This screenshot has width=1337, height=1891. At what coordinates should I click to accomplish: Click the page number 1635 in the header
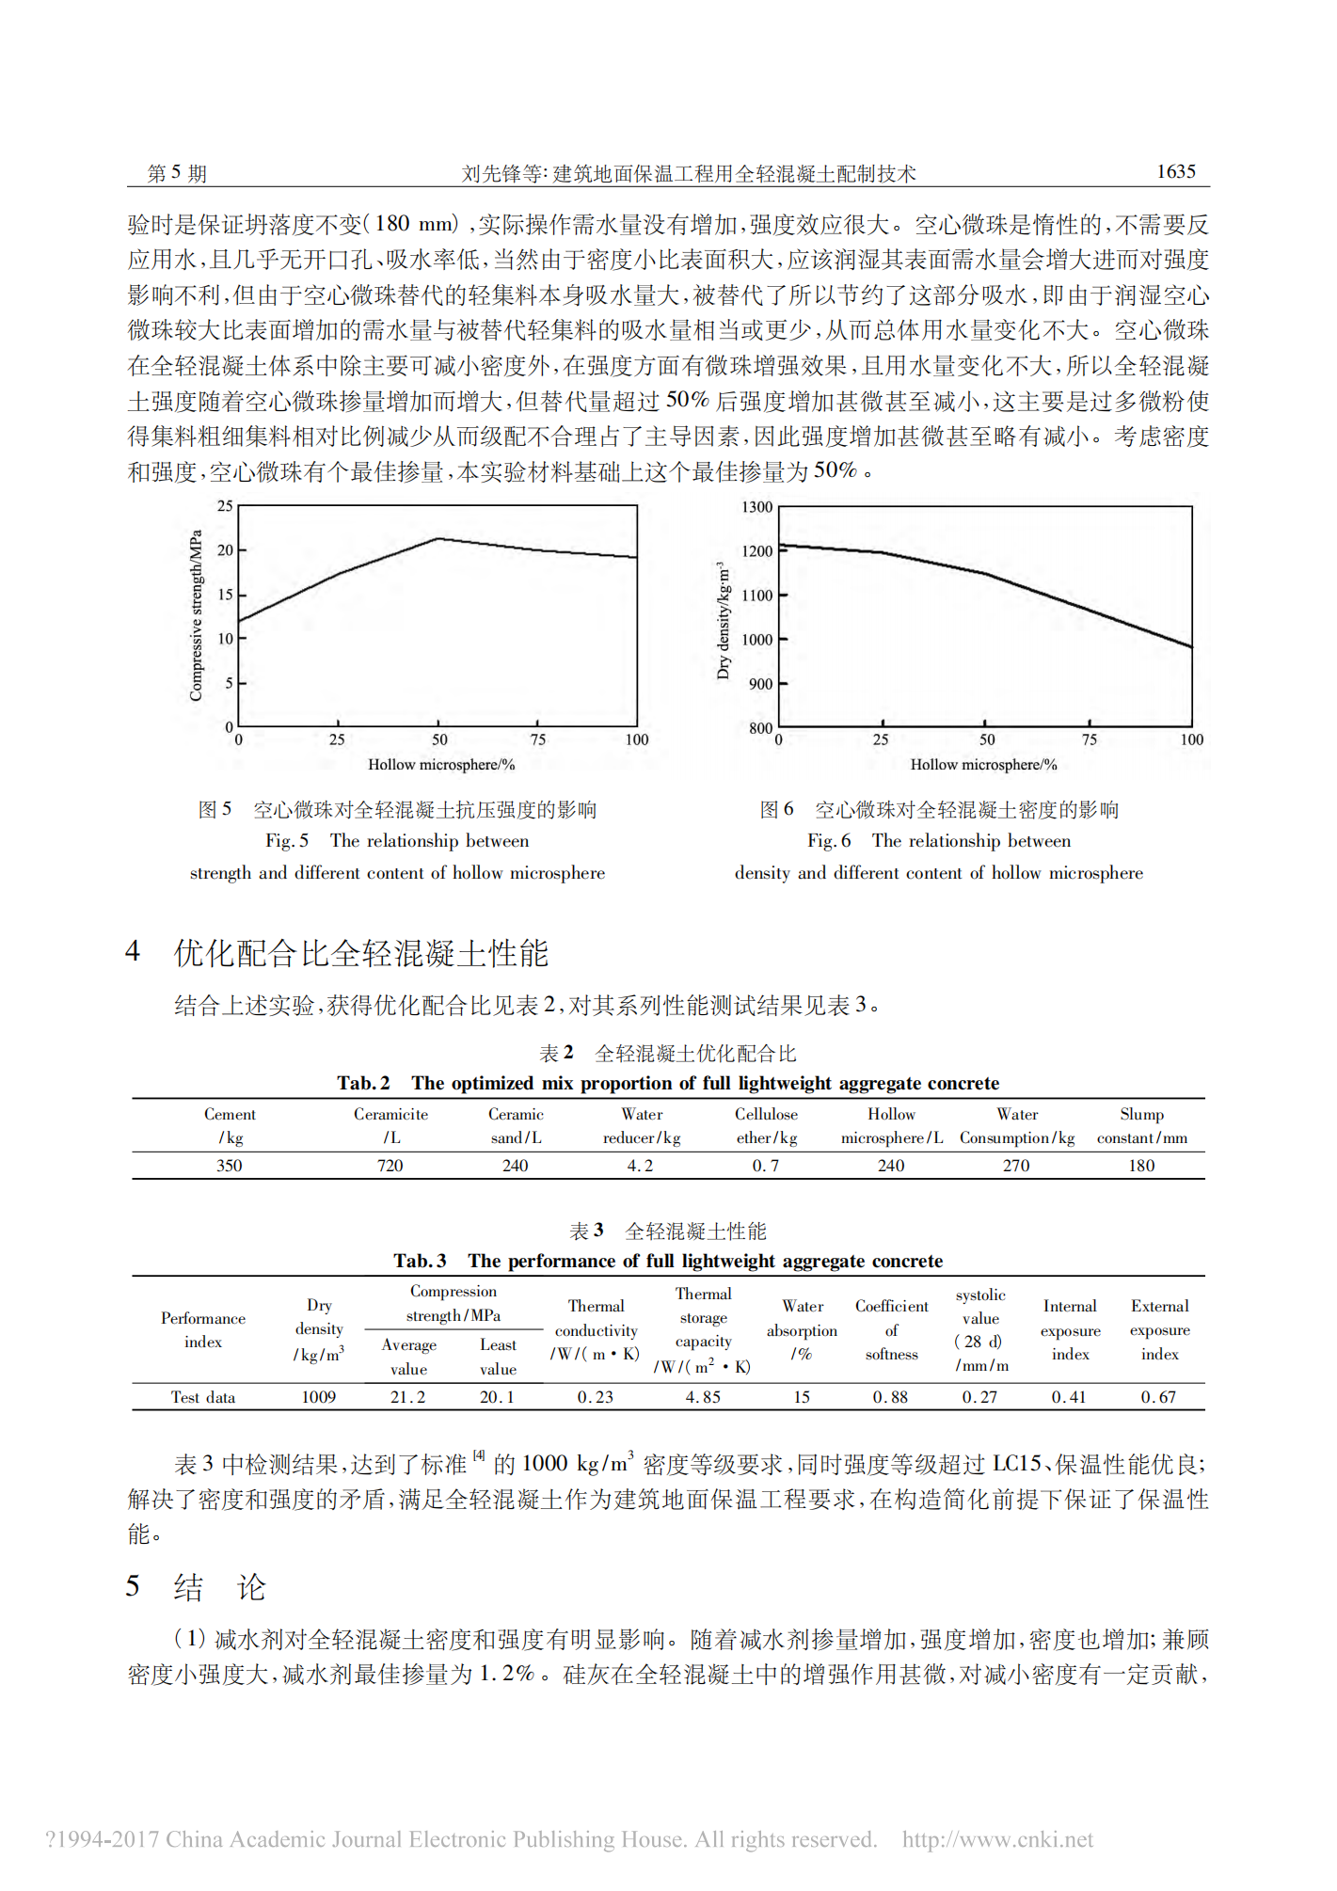coord(1175,171)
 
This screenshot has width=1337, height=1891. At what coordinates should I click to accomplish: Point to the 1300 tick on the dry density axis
coord(757,507)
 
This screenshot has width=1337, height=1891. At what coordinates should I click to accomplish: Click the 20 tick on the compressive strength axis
coord(226,550)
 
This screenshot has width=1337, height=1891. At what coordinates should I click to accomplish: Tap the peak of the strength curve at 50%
coord(438,539)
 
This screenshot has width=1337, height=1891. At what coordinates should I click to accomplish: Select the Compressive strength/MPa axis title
coord(196,616)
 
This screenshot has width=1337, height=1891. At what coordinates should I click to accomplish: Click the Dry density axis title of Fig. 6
coord(723,621)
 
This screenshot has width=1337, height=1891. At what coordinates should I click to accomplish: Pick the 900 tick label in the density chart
coord(760,684)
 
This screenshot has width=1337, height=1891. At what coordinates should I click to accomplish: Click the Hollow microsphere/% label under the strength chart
coord(440,765)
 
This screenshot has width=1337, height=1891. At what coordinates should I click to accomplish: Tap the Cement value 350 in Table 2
coord(230,1166)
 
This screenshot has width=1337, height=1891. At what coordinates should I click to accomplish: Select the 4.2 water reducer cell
coord(640,1166)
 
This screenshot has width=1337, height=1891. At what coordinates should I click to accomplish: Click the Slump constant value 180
coord(1141,1166)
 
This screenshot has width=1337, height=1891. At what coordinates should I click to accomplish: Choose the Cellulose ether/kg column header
coord(766,1126)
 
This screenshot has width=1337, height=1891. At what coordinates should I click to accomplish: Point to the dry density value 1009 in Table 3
coord(318,1397)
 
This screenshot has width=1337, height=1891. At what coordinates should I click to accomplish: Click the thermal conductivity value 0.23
coord(596,1397)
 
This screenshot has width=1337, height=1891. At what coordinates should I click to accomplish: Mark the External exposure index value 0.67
coord(1158,1397)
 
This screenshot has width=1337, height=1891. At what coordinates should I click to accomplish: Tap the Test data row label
coord(202,1397)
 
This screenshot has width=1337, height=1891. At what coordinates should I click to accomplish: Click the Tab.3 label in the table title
coord(420,1261)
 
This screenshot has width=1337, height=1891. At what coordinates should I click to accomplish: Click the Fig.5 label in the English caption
coord(286,841)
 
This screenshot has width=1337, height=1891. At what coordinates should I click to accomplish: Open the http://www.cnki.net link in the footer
coord(997,1840)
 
